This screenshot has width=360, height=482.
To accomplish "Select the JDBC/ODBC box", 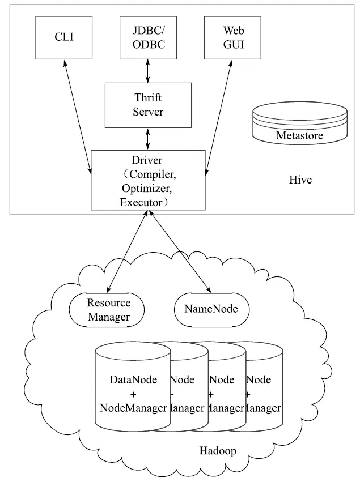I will point(148,38).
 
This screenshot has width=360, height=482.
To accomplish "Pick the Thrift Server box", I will point(148,105).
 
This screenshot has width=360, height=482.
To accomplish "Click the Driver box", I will point(147,179).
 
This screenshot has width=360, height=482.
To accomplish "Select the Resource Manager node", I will point(109,310).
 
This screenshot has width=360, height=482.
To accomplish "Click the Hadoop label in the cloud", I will point(218,451).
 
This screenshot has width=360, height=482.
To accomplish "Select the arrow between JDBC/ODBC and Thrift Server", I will point(148,70).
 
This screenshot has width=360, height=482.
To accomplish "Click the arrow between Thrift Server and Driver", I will point(148,138).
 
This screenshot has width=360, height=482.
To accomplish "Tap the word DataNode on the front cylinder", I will point(133,379).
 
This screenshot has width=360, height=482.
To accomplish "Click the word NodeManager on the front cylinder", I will point(133,407).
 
